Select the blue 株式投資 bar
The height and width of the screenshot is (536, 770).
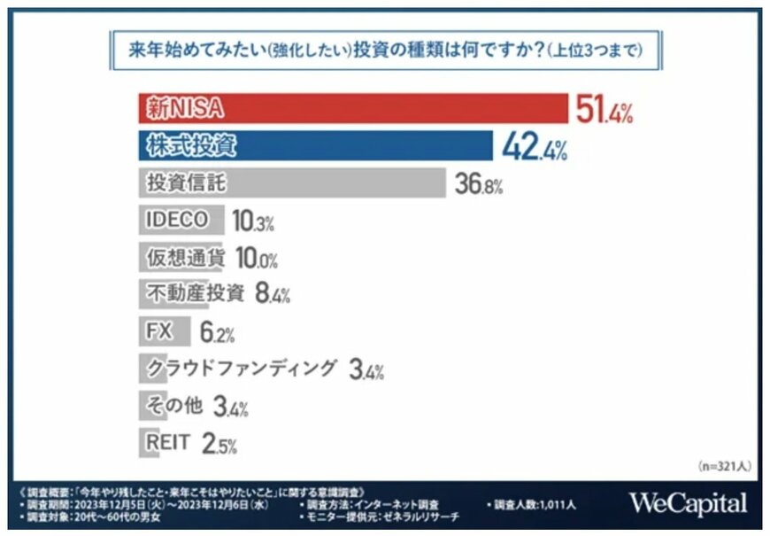[315, 146]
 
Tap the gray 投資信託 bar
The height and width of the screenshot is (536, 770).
[291, 183]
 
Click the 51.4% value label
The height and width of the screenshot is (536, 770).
[604, 111]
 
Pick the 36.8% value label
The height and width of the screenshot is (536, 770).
[478, 185]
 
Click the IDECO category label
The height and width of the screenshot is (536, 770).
[176, 220]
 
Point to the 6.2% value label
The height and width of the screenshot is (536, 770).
[217, 332]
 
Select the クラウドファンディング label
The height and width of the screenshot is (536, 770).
[241, 368]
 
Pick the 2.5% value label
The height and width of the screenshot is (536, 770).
[219, 443]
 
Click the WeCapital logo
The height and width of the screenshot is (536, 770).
[688, 503]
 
